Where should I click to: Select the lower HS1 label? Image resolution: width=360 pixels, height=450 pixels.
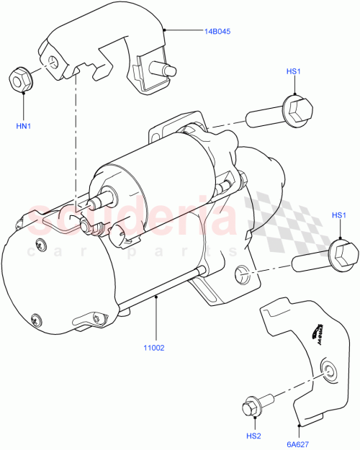[x=339, y=216]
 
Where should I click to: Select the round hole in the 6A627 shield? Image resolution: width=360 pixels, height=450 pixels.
[x=329, y=372]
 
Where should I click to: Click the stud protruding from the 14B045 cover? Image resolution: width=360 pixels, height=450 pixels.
[x=169, y=70]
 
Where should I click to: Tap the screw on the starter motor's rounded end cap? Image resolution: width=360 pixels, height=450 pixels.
[x=34, y=318]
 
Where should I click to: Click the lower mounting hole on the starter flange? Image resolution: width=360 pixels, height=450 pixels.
[x=242, y=273]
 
